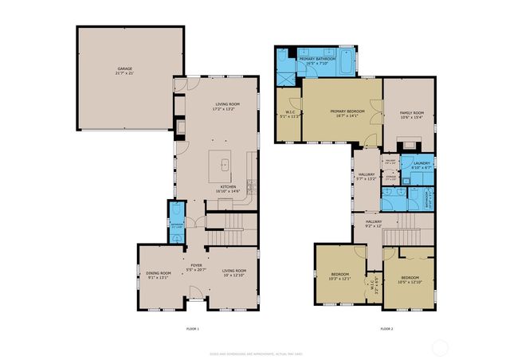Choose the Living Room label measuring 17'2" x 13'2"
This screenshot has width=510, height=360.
point(227,107)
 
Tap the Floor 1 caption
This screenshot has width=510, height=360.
point(192,328)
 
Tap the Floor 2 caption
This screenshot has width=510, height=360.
point(386,328)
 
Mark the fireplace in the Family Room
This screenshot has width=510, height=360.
point(410,146)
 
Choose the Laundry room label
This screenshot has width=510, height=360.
point(421,165)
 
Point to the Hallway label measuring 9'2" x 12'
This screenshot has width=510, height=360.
point(374,224)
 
